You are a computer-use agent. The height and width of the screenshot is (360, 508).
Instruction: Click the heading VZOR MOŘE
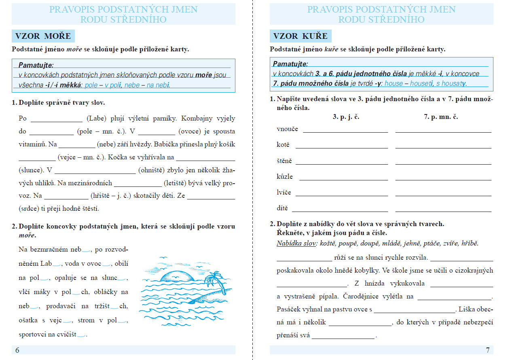43,36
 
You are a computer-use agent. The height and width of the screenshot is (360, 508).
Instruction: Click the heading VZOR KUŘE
300,36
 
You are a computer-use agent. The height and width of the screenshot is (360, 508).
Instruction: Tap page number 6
17,350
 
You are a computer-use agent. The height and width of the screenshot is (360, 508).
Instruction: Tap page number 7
487,350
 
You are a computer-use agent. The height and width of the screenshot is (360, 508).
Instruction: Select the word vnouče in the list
287,129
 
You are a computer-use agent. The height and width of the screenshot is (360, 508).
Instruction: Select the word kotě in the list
283,144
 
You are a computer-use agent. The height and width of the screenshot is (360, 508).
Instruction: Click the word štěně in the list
284,161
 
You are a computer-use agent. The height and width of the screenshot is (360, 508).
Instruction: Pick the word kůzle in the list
285,177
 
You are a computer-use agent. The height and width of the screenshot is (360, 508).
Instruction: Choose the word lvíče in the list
284,193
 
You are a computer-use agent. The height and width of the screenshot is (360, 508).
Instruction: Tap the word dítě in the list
282,208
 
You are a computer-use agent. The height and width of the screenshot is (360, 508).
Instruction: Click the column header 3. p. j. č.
346,116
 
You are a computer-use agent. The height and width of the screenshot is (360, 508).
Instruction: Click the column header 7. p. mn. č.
441,116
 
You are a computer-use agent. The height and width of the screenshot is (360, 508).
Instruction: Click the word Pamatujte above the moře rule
36,65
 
